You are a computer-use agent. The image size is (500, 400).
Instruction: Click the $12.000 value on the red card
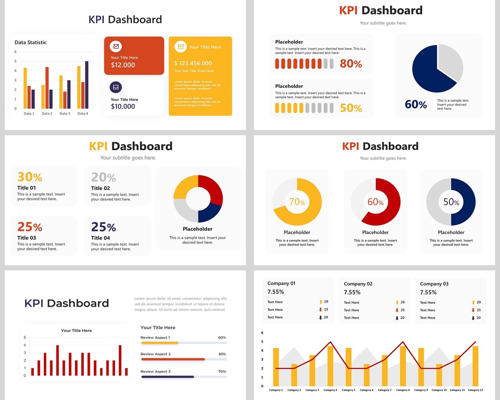point(123,65)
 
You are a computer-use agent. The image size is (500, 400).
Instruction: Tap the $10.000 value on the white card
point(123,107)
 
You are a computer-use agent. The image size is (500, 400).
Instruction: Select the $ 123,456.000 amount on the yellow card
point(193,63)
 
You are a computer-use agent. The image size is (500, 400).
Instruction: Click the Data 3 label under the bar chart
point(65,114)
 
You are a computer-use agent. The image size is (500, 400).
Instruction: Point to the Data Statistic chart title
point(31,43)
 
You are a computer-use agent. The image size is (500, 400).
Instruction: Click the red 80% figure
point(351,64)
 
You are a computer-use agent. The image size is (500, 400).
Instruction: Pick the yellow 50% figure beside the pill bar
point(351,108)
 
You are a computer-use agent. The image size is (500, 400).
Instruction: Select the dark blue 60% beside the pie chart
point(415,104)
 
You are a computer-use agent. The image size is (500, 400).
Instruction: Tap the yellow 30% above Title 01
point(30,177)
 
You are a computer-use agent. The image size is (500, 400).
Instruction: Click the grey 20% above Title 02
point(104,177)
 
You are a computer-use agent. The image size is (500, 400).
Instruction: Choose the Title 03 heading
point(26,238)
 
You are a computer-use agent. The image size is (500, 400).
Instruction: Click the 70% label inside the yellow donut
point(297,202)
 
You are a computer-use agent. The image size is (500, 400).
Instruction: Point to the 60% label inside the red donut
point(375,202)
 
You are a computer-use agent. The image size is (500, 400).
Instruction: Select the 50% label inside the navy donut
point(451,202)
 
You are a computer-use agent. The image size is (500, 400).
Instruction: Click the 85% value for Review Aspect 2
point(222,354)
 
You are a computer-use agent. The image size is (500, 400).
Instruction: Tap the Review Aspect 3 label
point(155,371)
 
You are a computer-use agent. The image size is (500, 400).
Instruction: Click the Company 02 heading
point(358,284)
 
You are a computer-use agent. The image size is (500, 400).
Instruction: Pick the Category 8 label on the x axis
point(403,390)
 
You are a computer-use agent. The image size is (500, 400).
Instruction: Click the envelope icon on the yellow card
point(180,46)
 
